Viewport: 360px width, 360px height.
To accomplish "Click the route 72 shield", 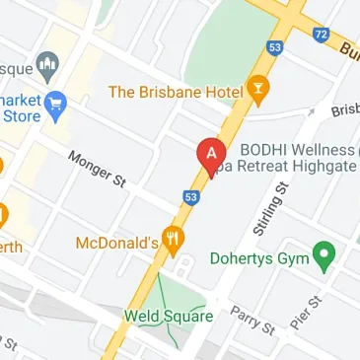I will click(322, 35).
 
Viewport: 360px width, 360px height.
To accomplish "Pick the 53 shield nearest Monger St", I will click(191, 197).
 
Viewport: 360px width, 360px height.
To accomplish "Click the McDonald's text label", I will click(117, 242).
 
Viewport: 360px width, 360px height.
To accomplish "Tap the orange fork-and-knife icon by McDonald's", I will click(175, 240).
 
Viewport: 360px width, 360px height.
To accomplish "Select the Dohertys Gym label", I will click(259, 257).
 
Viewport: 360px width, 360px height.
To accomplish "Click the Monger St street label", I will click(98, 169).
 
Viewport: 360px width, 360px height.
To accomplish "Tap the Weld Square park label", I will click(168, 317).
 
